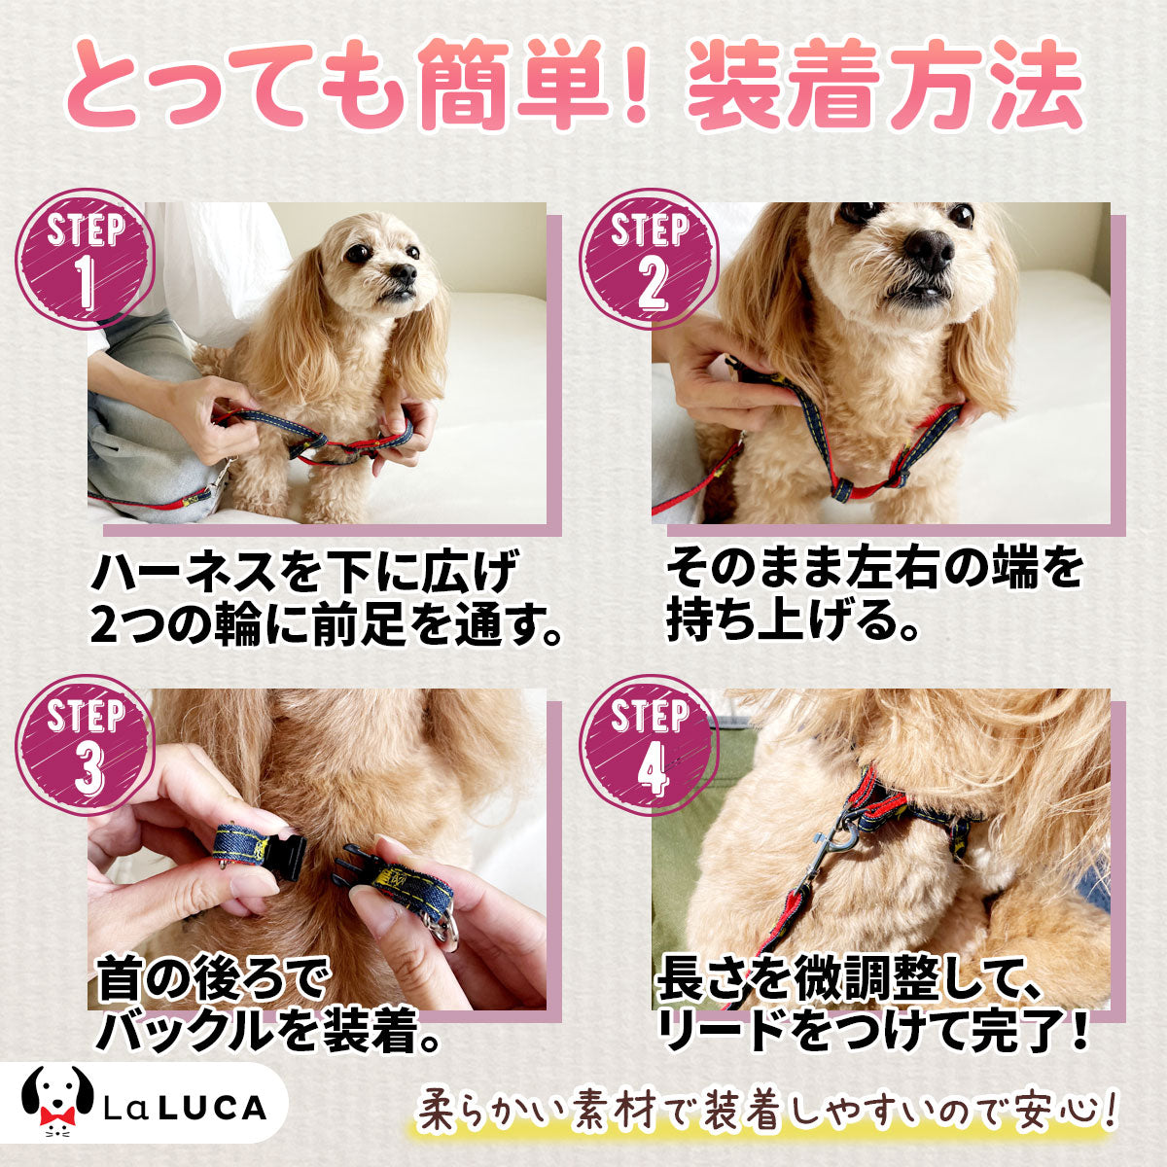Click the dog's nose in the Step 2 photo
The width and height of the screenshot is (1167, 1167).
929,250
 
